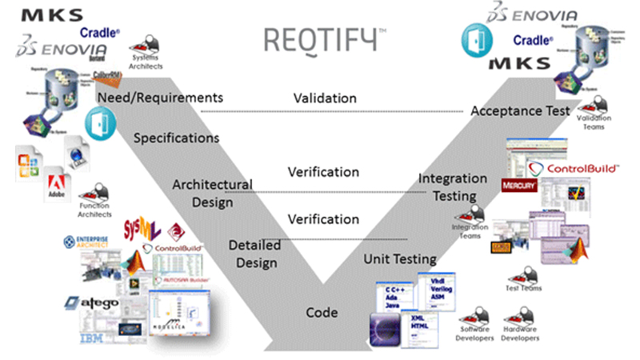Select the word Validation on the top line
pos(324,98)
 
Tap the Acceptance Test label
pos(520,110)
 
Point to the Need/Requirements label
pos(159,97)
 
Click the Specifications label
pos(176,138)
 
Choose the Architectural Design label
pos(212,193)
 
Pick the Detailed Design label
pos(254,253)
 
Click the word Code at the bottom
pos(322,312)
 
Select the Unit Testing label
pos(400,259)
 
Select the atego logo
pos(94,304)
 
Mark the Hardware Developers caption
pos(520,334)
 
